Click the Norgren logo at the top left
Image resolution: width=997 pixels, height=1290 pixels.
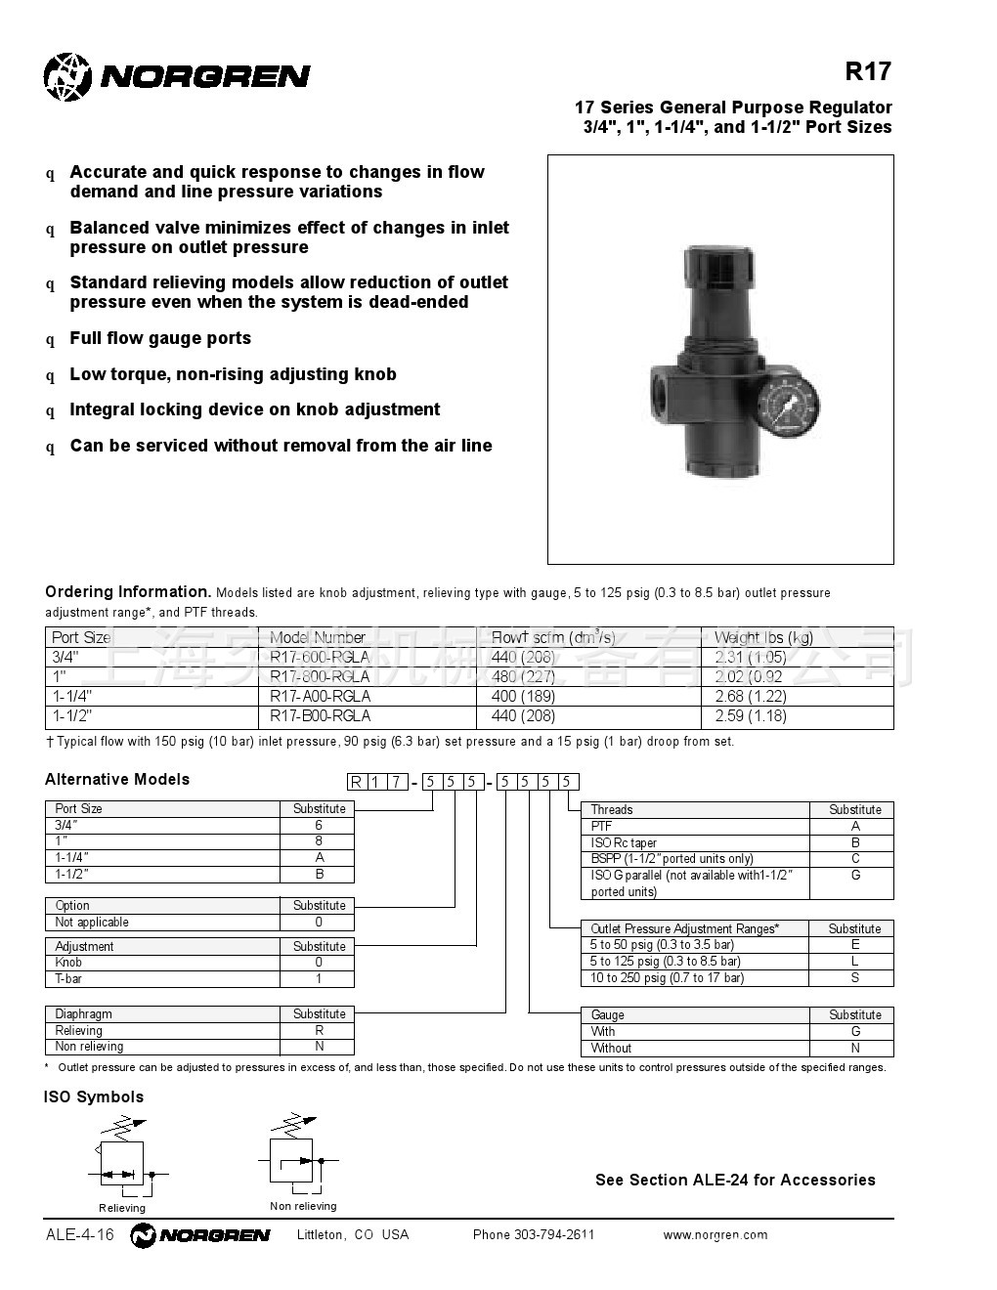tap(177, 75)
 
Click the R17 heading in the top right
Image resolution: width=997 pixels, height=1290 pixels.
tap(868, 71)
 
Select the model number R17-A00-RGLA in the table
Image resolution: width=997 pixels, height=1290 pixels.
tap(320, 696)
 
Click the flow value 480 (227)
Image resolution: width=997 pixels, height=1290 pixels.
tap(523, 676)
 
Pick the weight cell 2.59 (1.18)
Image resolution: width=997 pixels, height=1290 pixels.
tap(750, 715)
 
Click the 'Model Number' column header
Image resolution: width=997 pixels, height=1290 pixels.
tap(318, 637)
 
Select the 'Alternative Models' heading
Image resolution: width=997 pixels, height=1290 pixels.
tap(117, 779)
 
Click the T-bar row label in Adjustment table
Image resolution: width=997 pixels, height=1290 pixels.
tap(68, 978)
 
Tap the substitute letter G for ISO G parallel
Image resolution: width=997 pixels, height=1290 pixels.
tap(855, 876)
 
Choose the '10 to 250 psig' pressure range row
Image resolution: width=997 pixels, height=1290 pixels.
tap(667, 977)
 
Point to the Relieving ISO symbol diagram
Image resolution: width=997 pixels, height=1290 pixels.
tap(122, 1160)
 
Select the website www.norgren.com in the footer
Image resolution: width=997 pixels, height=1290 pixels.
tap(715, 1235)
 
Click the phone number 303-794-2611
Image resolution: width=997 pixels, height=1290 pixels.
tap(554, 1234)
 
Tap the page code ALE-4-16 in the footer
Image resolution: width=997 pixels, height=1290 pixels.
tap(80, 1234)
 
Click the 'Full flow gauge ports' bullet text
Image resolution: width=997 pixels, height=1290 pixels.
tap(160, 338)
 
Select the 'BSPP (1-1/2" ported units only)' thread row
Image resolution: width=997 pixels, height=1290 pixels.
tap(672, 859)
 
